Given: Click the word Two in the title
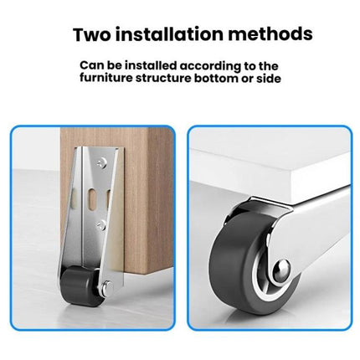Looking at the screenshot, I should coord(94,35).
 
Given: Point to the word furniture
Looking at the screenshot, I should coord(111,78).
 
